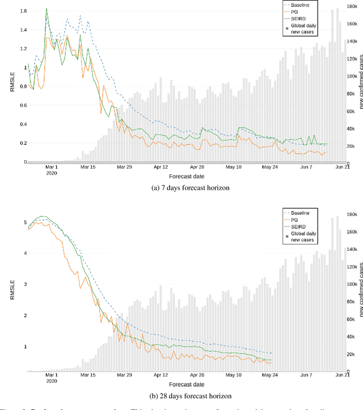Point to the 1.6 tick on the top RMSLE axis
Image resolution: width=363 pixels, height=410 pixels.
coord(23,11)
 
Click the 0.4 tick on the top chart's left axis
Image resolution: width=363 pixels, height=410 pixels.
coord(23,125)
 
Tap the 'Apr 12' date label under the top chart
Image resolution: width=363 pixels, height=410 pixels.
coord(161,168)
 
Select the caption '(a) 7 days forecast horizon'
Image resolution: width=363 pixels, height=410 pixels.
coord(181,188)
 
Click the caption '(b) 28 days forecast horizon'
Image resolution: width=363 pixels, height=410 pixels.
coord(181,395)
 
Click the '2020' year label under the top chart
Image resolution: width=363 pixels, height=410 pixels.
coord(52,173)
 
